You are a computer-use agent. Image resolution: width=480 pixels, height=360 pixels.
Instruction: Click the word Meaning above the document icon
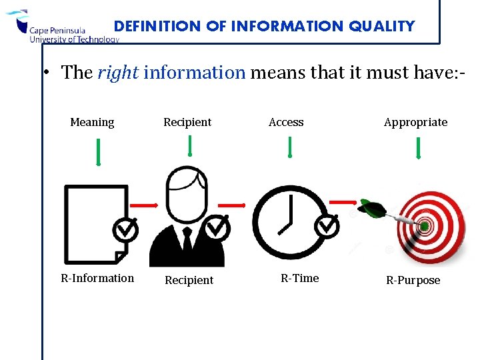[x=92, y=123]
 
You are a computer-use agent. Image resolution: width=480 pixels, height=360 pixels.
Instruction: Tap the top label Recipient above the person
[x=187, y=123]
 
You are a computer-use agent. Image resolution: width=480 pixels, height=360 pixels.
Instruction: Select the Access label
[x=286, y=123]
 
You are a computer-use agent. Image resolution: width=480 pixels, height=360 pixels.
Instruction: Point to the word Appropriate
[x=415, y=123]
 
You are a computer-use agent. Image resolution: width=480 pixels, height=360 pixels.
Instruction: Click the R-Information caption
[x=97, y=278]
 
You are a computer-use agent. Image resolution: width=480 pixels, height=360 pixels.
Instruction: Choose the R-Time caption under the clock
[x=299, y=278]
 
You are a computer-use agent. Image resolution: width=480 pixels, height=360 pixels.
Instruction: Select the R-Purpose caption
[x=413, y=280]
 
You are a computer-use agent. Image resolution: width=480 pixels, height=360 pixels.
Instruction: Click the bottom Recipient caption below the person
[x=189, y=280]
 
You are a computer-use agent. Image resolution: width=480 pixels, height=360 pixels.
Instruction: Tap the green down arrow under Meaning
[x=97, y=151]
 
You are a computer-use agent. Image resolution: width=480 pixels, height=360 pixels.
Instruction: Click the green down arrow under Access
[x=289, y=147]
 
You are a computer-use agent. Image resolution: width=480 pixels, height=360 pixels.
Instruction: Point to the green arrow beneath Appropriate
[x=418, y=148]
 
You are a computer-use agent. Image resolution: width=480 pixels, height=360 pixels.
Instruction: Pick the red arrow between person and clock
[x=233, y=205]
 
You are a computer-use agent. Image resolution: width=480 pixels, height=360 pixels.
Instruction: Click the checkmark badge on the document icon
[x=125, y=230]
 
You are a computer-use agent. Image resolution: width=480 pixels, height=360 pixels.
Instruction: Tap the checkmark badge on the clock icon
[x=327, y=227]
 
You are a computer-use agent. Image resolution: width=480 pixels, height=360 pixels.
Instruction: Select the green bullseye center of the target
[x=424, y=227]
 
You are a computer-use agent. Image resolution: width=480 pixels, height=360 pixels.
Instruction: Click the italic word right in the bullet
[x=117, y=73]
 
